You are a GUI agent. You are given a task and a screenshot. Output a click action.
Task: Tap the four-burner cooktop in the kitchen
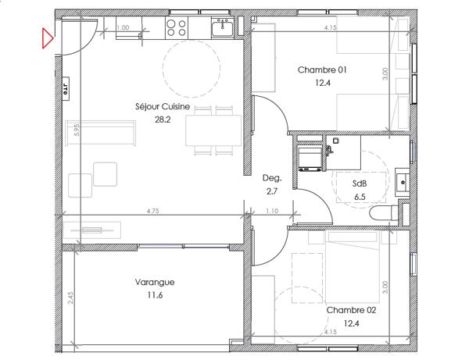[x=177, y=28]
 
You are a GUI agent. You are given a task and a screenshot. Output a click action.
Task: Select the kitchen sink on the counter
[x=224, y=28]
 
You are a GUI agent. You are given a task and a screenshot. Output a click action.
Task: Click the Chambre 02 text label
[x=351, y=310]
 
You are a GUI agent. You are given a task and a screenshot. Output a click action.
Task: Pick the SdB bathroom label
[x=360, y=184]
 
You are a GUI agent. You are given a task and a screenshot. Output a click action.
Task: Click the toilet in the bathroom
[x=383, y=213]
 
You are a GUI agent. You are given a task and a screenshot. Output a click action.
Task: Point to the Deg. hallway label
[x=271, y=178]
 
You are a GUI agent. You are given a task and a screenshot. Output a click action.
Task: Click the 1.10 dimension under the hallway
[x=271, y=211]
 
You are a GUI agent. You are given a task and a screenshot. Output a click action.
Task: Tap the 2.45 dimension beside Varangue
[x=70, y=298]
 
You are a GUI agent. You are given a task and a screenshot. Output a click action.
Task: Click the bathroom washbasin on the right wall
[x=403, y=180]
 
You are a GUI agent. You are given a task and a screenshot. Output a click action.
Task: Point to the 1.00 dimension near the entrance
[x=123, y=28]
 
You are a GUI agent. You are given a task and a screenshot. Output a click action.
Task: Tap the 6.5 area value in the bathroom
[x=360, y=197]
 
